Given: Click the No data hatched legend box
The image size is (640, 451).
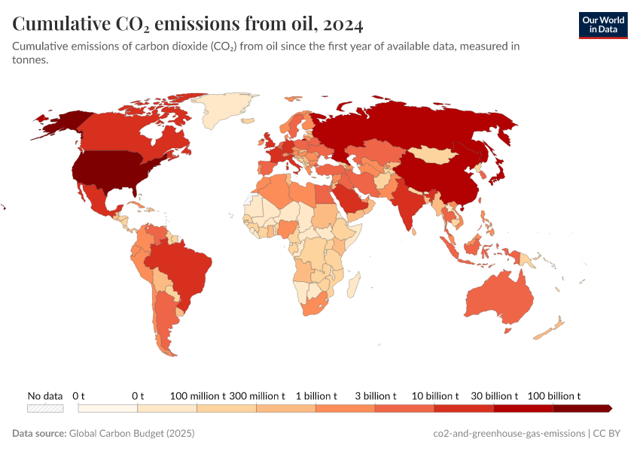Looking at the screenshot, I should (x=45, y=408).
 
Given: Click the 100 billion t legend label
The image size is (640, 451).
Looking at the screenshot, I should (x=553, y=395).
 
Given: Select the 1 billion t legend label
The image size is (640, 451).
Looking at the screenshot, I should (x=315, y=395).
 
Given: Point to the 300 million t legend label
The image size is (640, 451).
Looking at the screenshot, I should (x=257, y=395).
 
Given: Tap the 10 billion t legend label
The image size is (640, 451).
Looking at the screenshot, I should (x=434, y=395).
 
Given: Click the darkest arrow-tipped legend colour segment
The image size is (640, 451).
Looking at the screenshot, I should (x=582, y=408).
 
